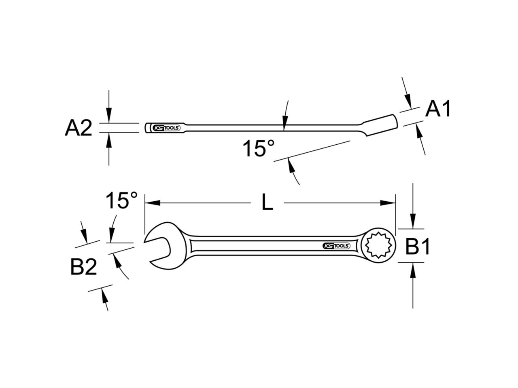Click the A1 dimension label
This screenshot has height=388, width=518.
(438, 109)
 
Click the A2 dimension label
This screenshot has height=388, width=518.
(79, 128)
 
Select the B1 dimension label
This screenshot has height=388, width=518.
(417, 247)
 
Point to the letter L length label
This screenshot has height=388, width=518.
(267, 203)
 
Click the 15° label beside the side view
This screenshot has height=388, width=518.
(259, 148)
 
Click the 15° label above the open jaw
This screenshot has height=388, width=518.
(121, 200)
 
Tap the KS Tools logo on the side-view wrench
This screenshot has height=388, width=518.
(166, 128)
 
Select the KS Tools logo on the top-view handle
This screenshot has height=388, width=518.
(336, 246)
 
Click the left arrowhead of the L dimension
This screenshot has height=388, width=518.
(153, 203)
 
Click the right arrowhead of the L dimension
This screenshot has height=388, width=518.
(388, 203)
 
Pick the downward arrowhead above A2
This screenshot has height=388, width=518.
(109, 115)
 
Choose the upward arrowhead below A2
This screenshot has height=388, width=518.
(109, 140)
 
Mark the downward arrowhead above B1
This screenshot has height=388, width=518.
(413, 221)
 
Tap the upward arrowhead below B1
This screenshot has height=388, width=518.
(413, 270)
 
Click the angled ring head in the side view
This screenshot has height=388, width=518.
(381, 125)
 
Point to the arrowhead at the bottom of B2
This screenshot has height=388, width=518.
(104, 295)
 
